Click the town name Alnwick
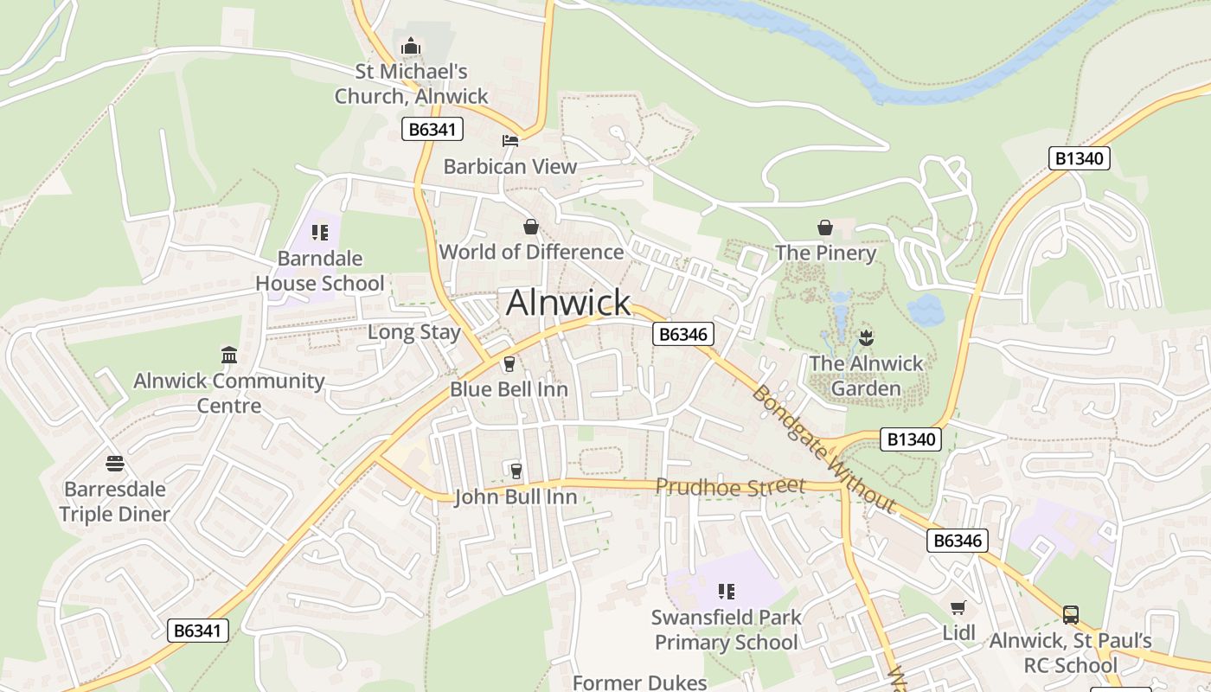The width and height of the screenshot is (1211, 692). point(568,303)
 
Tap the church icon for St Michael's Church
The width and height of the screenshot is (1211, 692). point(411,45)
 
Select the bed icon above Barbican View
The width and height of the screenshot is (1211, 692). point(510,140)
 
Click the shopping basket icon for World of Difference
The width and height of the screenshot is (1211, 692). point(531,227)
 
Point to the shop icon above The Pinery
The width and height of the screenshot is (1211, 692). point(825,227)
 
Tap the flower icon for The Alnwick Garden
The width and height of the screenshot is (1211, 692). point(866,337)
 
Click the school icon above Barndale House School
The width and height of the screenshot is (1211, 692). point(320,233)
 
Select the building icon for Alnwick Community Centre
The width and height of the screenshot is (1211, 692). point(229,356)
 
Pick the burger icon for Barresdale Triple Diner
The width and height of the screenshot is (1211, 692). point(115,464)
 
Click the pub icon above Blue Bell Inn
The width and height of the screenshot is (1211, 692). point(509,364)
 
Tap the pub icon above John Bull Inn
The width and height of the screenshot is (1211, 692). point(516,471)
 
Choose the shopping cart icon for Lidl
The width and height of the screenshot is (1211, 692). point(958,607)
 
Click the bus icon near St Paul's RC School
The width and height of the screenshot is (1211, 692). point(1071,615)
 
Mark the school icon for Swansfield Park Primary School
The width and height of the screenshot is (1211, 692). point(727,592)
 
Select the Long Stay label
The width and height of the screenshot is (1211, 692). point(414,332)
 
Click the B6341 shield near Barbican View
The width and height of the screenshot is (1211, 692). point(432,130)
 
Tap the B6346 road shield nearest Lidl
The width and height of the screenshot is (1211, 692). point(957,541)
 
